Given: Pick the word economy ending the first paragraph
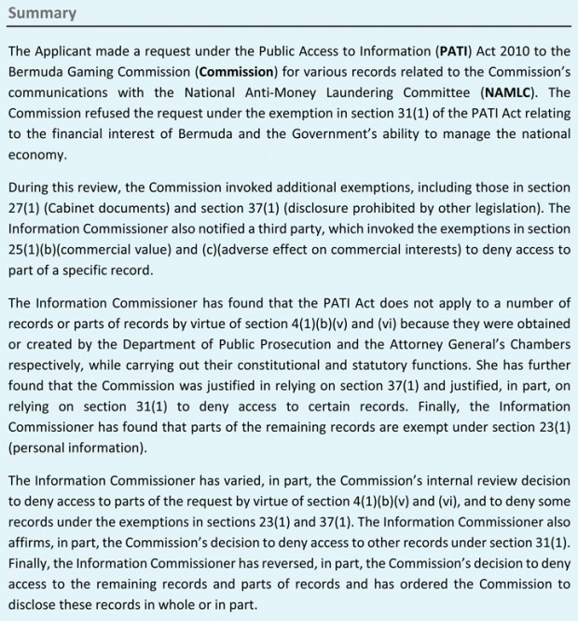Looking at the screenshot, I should point(37,156).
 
